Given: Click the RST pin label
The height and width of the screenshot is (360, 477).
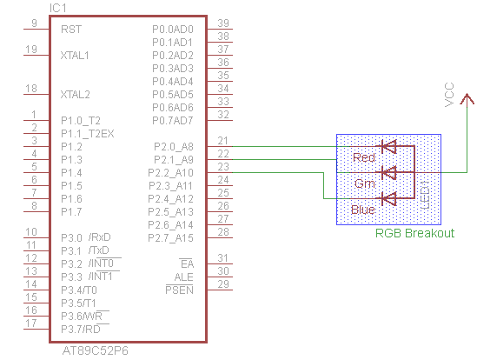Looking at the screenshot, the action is point(71,30).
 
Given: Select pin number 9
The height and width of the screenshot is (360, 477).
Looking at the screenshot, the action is point(34,23).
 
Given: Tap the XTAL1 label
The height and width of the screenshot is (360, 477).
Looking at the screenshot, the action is point(75,56).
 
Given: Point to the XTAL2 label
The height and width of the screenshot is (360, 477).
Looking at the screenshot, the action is point(75,95).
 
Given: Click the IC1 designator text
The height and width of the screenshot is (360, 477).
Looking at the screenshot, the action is point(58,8).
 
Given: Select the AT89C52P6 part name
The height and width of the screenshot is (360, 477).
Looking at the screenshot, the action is point(96,350).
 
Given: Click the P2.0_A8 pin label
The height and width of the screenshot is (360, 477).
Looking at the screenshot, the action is point(174,147).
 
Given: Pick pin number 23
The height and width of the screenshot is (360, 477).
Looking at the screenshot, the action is point(223,167).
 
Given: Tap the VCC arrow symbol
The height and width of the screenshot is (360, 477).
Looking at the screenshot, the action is point(467,99).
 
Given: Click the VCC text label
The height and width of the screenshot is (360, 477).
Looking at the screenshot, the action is point(449,95).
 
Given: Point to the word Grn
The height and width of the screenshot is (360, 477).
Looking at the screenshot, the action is point(365,183).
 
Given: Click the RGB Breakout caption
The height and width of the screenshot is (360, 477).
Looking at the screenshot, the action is point(415,233).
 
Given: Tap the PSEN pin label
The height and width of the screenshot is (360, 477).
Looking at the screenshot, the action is point(180,290).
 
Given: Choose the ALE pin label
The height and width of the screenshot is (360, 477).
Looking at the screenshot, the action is point(183,277).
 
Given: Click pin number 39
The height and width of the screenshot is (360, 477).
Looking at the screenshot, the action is point(223,23).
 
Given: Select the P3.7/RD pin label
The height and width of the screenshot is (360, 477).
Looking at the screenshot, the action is point(81,330).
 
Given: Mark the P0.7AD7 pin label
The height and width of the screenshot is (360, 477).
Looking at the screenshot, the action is point(173,121).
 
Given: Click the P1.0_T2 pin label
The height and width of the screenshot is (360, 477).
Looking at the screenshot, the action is point(81,121).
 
